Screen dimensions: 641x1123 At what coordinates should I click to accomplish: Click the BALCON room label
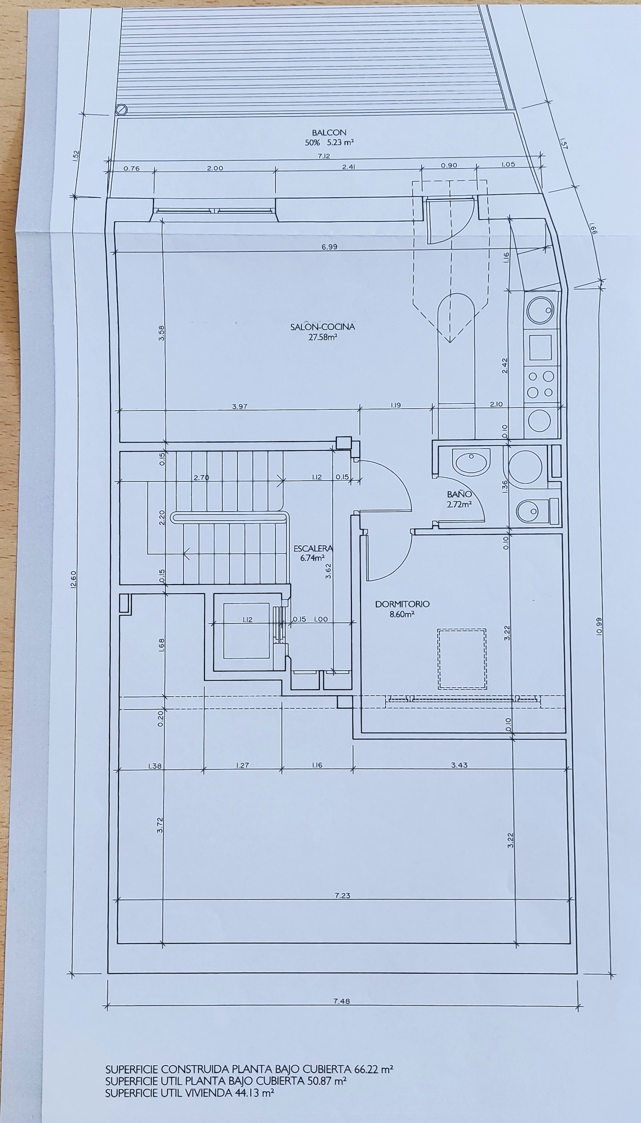coord(329,132)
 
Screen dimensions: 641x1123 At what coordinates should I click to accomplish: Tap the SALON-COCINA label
coord(322,327)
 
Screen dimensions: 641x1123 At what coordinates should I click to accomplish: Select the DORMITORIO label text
coord(402,604)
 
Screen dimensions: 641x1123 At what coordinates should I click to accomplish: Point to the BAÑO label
coord(459,495)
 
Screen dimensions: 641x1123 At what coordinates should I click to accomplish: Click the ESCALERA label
coord(313,548)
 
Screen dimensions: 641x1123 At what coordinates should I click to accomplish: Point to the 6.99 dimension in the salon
coord(329,247)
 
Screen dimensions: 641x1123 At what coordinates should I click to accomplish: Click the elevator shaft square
coord(246,631)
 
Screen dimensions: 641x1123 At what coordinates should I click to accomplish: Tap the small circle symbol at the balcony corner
coord(121,109)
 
